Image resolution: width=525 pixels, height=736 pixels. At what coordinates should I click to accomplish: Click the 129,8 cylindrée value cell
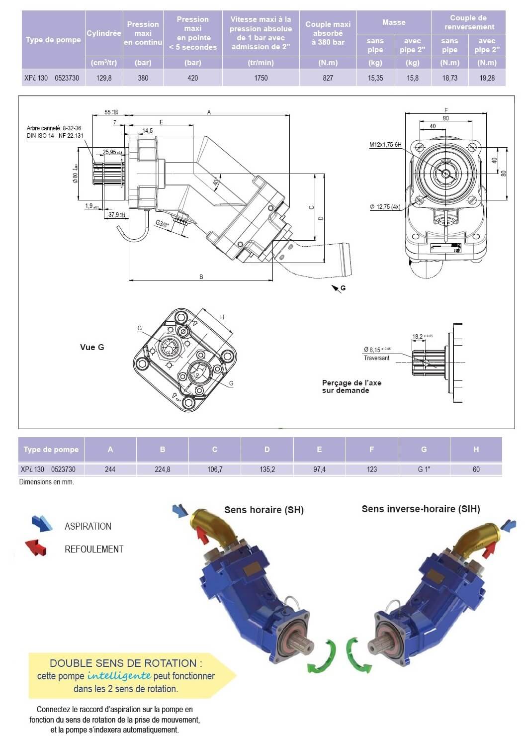click(x=104, y=78)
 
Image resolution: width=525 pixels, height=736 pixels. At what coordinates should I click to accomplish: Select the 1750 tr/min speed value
click(x=261, y=78)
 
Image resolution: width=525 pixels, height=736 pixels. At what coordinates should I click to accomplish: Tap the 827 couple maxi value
click(x=328, y=78)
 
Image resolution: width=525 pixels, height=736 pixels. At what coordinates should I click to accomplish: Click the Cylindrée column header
click(x=103, y=33)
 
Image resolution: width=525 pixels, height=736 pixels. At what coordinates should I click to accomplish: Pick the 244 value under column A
click(x=110, y=469)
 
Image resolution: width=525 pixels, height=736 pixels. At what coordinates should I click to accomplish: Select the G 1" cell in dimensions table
click(x=424, y=469)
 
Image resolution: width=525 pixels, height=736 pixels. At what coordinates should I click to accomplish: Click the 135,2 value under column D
click(x=267, y=469)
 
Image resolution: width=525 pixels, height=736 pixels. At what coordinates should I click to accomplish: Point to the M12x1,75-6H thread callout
click(x=385, y=145)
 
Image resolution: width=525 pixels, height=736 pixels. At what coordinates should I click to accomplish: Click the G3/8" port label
click(x=162, y=223)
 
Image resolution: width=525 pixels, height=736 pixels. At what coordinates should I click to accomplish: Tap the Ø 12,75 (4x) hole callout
click(x=385, y=207)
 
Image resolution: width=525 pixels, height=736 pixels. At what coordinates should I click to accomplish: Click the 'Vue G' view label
click(x=92, y=347)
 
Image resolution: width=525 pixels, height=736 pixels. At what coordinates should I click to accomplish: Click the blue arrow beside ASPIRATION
click(x=42, y=523)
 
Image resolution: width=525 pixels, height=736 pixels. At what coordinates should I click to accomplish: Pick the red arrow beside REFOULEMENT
click(x=36, y=547)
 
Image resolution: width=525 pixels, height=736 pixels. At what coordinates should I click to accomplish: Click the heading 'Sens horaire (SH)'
click(x=263, y=510)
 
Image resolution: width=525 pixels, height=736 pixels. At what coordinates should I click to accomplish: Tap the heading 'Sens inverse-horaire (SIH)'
click(x=421, y=509)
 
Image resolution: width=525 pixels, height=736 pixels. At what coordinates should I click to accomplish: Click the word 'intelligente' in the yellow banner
click(x=119, y=676)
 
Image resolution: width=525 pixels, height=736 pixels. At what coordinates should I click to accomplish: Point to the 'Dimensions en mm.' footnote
click(x=46, y=482)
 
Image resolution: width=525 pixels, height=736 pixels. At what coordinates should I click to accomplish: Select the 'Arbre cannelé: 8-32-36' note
click(x=54, y=128)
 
